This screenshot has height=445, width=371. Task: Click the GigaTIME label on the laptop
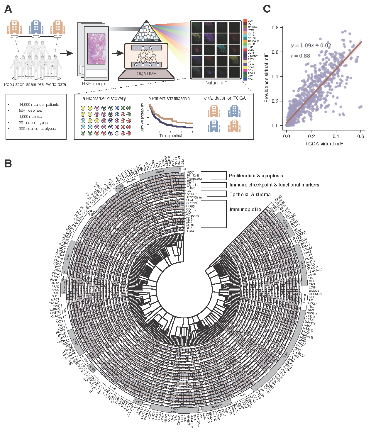[146, 74]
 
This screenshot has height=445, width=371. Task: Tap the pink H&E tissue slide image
[96, 49]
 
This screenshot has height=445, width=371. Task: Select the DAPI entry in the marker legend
[250, 64]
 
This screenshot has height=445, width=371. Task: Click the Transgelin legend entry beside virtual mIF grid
[253, 41]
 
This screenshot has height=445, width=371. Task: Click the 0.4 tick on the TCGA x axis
[336, 136]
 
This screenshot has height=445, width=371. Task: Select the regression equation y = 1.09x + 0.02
[311, 45]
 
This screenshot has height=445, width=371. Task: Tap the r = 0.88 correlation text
[300, 56]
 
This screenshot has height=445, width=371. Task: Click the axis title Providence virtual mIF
[266, 78]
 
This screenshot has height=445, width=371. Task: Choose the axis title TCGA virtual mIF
[324, 144]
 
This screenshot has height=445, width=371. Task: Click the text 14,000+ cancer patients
[39, 105]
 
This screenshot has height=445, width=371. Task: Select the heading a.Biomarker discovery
[104, 98]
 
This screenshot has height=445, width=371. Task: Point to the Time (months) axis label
[171, 135]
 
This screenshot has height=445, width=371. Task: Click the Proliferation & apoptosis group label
[256, 176]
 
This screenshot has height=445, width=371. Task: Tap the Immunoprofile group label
[245, 209]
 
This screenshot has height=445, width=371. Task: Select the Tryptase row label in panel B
[192, 216]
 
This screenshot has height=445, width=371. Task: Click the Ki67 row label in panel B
[190, 172]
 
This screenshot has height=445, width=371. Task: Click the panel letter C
[267, 9]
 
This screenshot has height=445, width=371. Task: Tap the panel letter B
[8, 163]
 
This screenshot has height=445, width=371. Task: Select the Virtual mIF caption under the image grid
[216, 83]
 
